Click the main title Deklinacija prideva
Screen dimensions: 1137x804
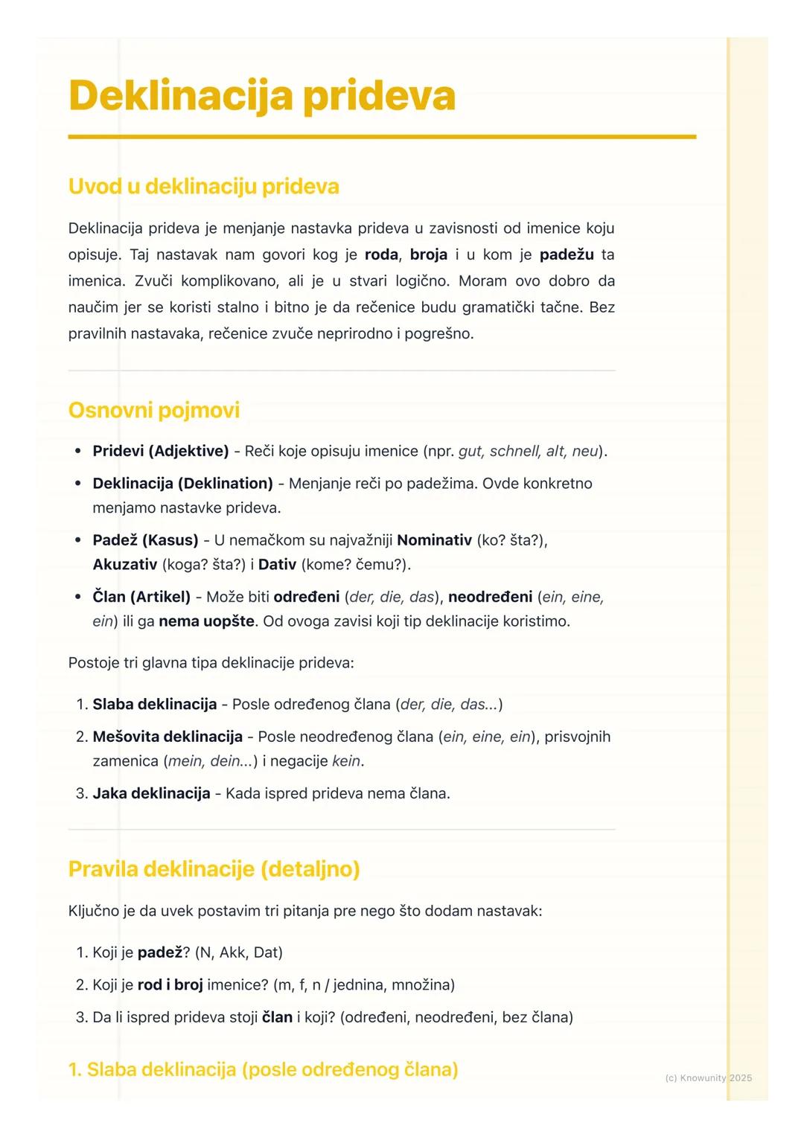(x=261, y=96)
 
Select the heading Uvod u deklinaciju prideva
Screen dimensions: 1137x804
(x=203, y=186)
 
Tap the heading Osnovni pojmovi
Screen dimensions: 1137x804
(x=153, y=410)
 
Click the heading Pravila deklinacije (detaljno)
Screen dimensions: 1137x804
(x=214, y=869)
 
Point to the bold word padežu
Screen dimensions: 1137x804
(x=567, y=254)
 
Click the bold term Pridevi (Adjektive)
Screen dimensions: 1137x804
(x=160, y=451)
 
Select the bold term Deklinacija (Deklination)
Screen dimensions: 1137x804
(x=182, y=484)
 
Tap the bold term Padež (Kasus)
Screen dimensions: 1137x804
(x=145, y=539)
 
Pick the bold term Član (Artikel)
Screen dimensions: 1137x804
(x=141, y=597)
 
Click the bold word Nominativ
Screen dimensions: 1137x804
(x=434, y=539)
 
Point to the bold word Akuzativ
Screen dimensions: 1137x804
(x=124, y=565)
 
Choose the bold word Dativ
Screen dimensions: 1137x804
(x=277, y=565)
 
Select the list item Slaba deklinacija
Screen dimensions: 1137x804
(x=155, y=704)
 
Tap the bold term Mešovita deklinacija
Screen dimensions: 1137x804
(x=167, y=737)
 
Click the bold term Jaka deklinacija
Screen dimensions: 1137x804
(x=151, y=793)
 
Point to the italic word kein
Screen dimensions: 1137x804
(x=346, y=761)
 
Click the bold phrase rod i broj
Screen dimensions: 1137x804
(x=170, y=984)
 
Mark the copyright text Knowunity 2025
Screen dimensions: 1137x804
(x=708, y=1077)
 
